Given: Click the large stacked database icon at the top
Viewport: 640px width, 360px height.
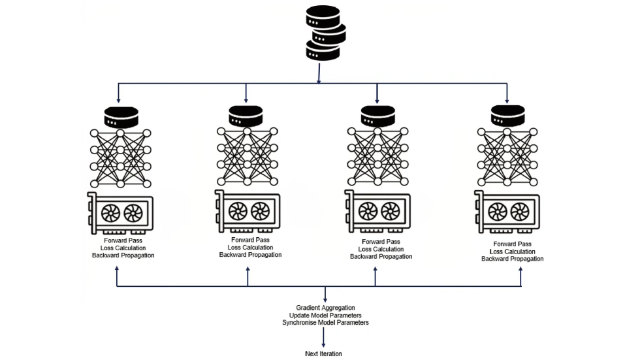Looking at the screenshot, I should [325, 33].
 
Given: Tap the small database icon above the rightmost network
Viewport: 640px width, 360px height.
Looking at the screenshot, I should [508, 116].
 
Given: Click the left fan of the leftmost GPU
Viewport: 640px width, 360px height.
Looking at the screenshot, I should [110, 212].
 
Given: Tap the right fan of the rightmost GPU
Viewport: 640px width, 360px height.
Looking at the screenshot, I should [520, 210].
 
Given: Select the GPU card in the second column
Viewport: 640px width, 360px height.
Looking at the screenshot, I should [248, 212].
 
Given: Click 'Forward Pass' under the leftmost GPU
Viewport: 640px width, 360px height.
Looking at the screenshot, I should [123, 240].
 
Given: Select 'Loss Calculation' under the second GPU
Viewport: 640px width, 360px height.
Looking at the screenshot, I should [250, 247].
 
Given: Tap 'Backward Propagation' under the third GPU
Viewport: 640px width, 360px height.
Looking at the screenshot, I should [381, 256].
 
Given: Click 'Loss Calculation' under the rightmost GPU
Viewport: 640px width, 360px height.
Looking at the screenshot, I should [512, 252].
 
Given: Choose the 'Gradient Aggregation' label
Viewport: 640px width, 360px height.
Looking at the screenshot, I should [325, 307].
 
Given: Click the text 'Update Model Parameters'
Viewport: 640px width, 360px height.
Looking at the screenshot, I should [325, 315].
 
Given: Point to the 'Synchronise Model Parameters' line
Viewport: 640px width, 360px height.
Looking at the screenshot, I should [325, 323].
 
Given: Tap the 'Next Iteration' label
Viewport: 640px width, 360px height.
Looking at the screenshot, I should [323, 353].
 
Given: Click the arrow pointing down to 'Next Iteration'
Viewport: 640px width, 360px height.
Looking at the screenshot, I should [324, 338].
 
